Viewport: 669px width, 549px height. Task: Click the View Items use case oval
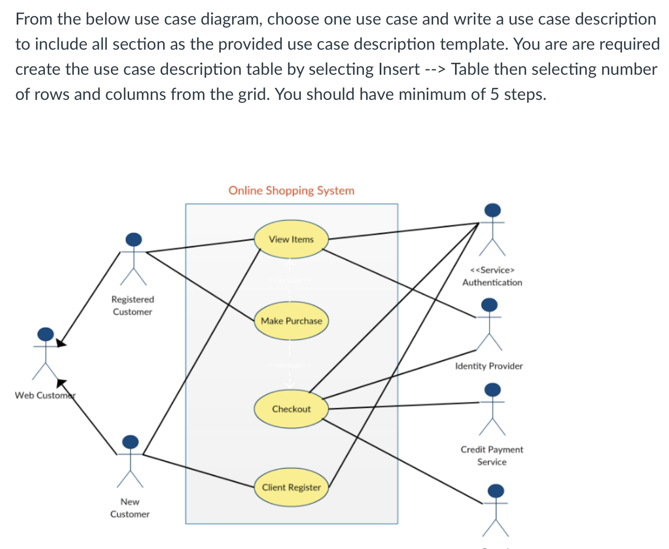(x=291, y=239)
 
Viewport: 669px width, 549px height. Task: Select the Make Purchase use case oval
(x=291, y=321)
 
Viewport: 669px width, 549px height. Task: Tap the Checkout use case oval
(x=291, y=409)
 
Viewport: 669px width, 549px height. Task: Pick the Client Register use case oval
(x=291, y=487)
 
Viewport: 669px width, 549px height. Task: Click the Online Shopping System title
(x=291, y=190)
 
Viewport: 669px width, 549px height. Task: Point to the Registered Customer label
(x=132, y=305)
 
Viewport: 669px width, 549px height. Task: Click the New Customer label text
(x=130, y=508)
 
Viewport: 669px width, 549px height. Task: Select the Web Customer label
(x=45, y=395)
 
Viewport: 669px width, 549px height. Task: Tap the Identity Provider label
(x=489, y=366)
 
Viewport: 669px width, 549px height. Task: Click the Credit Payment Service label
(x=492, y=455)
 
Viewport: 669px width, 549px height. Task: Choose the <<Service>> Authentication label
(x=492, y=276)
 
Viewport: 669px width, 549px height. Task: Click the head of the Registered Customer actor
(x=134, y=239)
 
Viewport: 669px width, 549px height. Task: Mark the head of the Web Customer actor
(x=46, y=334)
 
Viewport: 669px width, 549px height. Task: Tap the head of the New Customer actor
(x=130, y=442)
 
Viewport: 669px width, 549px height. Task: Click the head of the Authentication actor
(x=492, y=210)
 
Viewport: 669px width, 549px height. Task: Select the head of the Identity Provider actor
(x=490, y=304)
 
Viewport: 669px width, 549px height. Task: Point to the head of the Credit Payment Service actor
(x=492, y=390)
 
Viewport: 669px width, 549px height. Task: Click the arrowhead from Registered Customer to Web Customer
(x=61, y=343)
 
